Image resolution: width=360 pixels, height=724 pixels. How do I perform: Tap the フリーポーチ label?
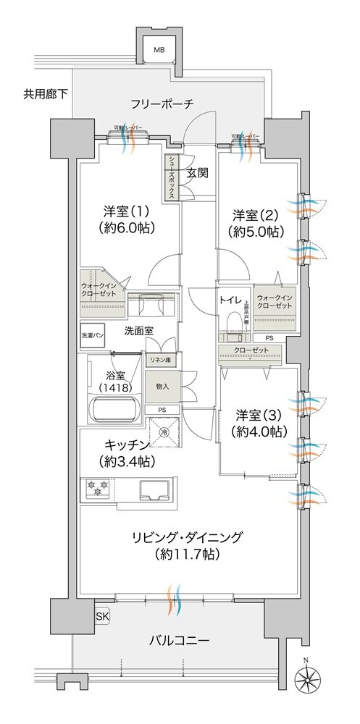pyautogui.click(x=162, y=104)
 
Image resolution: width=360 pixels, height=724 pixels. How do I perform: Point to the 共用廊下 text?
pyautogui.click(x=44, y=93)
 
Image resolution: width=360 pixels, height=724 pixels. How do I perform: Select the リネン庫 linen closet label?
pyautogui.click(x=161, y=360)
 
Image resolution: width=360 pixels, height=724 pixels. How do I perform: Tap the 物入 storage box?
pyautogui.click(x=162, y=387)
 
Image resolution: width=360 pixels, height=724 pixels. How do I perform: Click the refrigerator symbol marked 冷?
pyautogui.click(x=165, y=432)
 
